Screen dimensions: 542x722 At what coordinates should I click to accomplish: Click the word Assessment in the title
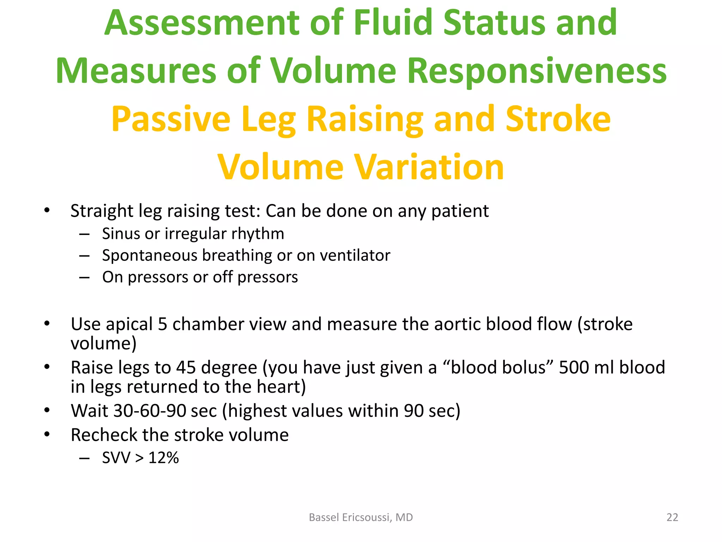[201, 23]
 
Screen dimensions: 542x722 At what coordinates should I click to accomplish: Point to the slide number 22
[672, 517]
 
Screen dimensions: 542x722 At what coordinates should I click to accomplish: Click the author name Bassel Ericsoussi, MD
[361, 517]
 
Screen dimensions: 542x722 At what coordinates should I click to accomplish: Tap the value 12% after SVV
[164, 458]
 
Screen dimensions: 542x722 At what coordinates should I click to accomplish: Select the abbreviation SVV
[116, 458]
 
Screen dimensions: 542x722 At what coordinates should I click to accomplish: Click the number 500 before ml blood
[574, 367]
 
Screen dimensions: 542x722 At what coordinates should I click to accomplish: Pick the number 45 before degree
[186, 367]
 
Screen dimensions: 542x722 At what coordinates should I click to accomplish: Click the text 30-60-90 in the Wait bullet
[149, 411]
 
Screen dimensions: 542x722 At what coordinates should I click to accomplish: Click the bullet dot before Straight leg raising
[47, 211]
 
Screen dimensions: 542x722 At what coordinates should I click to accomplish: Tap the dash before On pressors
[84, 277]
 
